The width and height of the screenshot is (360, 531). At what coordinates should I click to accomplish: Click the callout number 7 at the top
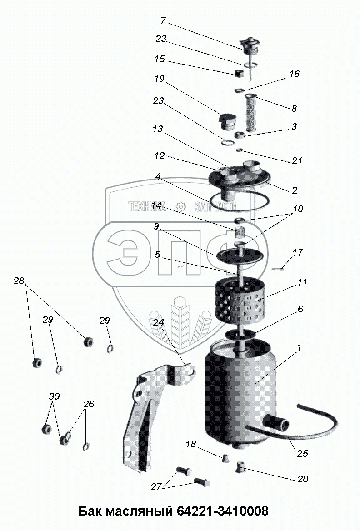coord(163,21)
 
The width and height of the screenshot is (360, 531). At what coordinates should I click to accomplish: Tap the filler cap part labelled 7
coord(250,51)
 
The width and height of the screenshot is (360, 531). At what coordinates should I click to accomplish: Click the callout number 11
coord(302,282)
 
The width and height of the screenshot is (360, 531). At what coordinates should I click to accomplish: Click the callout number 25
coord(302,453)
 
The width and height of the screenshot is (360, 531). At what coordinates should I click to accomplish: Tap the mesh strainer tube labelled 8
coord(251,114)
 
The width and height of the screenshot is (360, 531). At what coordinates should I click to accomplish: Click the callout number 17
coord(298,253)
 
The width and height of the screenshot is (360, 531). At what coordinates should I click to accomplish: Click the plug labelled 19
coord(228,122)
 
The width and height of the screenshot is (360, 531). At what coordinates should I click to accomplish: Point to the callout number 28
coord(19,281)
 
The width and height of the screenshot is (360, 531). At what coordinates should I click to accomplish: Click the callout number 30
coord(55,396)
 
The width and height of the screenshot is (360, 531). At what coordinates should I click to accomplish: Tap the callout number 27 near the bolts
coord(156,486)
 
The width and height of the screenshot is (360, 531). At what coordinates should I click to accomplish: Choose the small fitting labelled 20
coord(240,467)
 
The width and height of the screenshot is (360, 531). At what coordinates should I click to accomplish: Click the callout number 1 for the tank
coord(299,347)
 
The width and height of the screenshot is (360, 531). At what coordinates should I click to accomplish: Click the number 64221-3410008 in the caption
coord(223,511)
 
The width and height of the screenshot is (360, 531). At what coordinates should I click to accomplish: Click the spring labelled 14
coord(240,233)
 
